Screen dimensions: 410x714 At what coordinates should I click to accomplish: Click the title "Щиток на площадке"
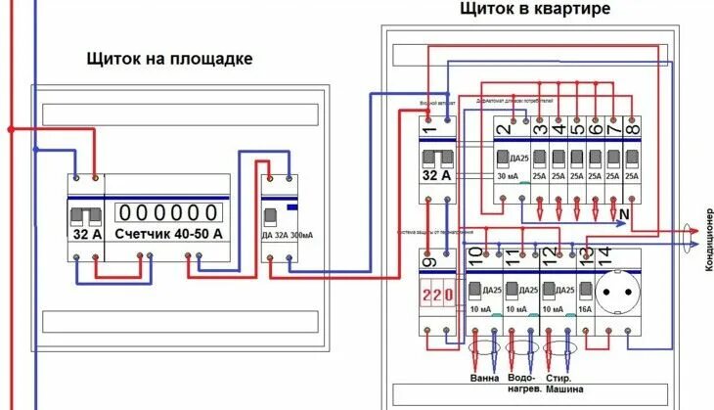(169, 59)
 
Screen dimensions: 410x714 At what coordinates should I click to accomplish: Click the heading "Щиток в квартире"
(535, 9)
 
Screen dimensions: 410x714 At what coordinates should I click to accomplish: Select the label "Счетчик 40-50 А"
(168, 235)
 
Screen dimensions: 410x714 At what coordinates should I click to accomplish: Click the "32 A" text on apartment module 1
(437, 176)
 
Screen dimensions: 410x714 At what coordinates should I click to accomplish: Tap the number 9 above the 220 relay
(428, 259)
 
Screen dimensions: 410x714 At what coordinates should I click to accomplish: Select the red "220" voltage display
(436, 294)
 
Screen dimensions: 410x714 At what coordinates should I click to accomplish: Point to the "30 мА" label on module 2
(510, 176)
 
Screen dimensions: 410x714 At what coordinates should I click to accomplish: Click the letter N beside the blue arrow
(624, 212)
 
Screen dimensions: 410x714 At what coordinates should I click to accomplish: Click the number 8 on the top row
(632, 128)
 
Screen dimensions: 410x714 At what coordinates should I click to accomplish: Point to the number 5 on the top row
(577, 128)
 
